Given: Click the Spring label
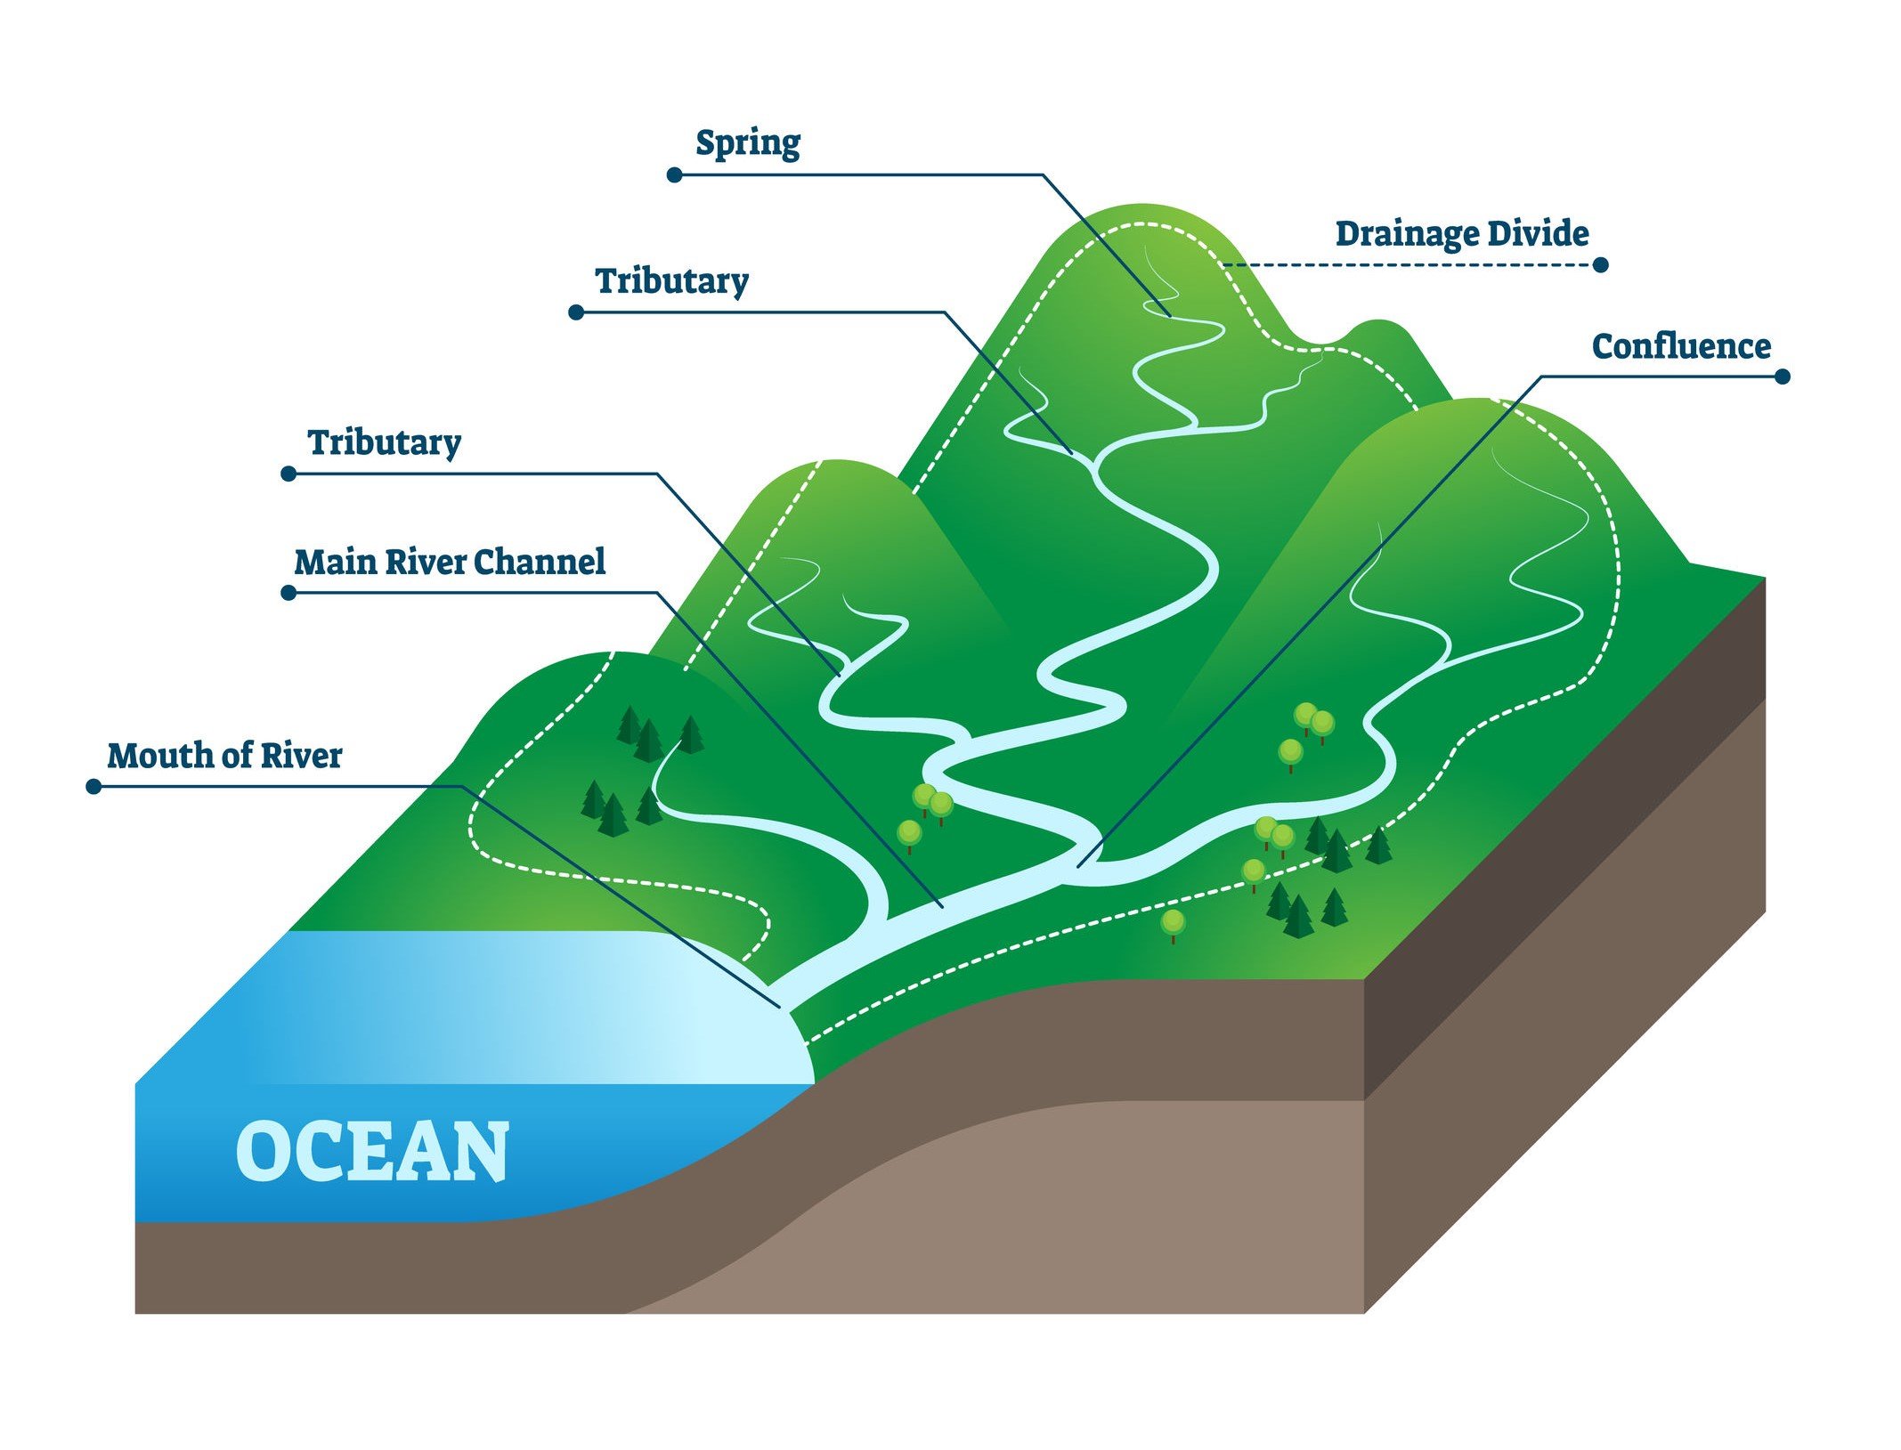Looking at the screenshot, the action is [x=747, y=143].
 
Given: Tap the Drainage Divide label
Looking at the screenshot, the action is [x=1462, y=234].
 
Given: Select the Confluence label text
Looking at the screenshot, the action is [x=1681, y=346].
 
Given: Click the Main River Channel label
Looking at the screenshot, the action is [x=450, y=562].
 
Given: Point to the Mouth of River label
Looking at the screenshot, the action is [x=224, y=756].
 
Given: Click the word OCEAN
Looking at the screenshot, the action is [x=372, y=1152].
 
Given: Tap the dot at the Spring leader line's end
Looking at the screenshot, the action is [x=675, y=175].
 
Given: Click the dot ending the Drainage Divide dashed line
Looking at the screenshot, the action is [x=1600, y=264].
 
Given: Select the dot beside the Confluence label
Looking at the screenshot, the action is [x=1782, y=377].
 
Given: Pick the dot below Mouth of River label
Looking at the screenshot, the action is [x=93, y=787].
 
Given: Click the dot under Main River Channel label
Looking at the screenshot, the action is [x=288, y=593].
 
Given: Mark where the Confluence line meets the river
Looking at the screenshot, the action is [x=1078, y=866].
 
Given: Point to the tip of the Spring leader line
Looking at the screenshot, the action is [x=1170, y=316].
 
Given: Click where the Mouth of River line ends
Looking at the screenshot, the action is [x=781, y=1008].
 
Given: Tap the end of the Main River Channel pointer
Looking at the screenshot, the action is [x=943, y=907].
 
